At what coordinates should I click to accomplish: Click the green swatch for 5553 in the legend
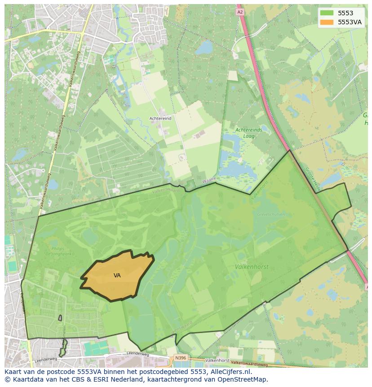click(x=327, y=13)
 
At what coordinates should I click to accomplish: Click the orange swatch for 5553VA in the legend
click(x=327, y=22)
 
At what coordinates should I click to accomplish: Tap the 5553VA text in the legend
click(x=350, y=22)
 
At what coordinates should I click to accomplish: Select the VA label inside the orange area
click(x=117, y=276)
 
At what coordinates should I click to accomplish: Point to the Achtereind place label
click(x=160, y=119)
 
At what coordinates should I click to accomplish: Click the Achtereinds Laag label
click(x=248, y=133)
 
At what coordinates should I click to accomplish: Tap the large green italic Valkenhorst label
click(x=252, y=267)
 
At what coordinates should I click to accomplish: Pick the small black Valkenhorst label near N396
click(x=217, y=360)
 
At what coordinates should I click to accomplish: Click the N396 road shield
click(x=180, y=358)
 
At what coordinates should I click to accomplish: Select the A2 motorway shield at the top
click(x=240, y=12)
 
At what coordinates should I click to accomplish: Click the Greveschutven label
click(x=268, y=215)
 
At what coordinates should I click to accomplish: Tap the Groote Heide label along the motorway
click(x=311, y=179)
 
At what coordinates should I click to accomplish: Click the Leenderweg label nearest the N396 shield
click(x=137, y=354)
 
